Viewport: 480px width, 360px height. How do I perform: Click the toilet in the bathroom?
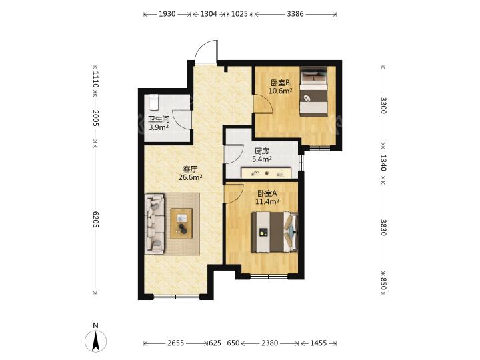click(154, 103)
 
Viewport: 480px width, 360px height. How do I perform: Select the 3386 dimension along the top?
click(295, 14)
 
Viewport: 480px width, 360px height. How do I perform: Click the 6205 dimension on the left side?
click(95, 219)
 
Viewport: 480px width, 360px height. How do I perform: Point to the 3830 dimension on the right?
click(383, 227)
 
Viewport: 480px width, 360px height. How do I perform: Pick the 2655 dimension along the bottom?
click(176, 343)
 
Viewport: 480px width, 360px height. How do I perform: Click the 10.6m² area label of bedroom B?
click(280, 91)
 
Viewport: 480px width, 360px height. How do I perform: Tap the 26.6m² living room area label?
click(190, 177)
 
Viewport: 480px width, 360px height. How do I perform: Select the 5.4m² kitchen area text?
click(262, 159)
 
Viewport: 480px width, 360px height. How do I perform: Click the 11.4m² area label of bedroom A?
click(267, 201)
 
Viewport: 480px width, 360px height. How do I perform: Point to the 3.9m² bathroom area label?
click(159, 127)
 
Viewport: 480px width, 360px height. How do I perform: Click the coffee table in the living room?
click(181, 223)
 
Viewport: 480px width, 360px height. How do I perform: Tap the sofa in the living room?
click(155, 223)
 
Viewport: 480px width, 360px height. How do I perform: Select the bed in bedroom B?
click(314, 91)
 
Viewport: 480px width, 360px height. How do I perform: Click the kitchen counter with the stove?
click(266, 173)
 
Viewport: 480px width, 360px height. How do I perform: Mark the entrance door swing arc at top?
click(206, 51)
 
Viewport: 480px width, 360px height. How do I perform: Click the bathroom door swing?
click(182, 119)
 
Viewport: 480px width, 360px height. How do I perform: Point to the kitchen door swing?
click(233, 154)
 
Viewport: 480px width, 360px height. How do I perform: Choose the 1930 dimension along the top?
click(167, 14)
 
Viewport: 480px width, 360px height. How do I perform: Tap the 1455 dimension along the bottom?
click(319, 343)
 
